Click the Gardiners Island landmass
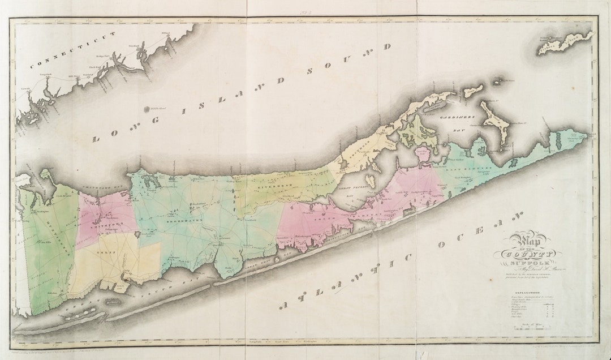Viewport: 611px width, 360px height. pyautogui.click(x=493, y=117)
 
